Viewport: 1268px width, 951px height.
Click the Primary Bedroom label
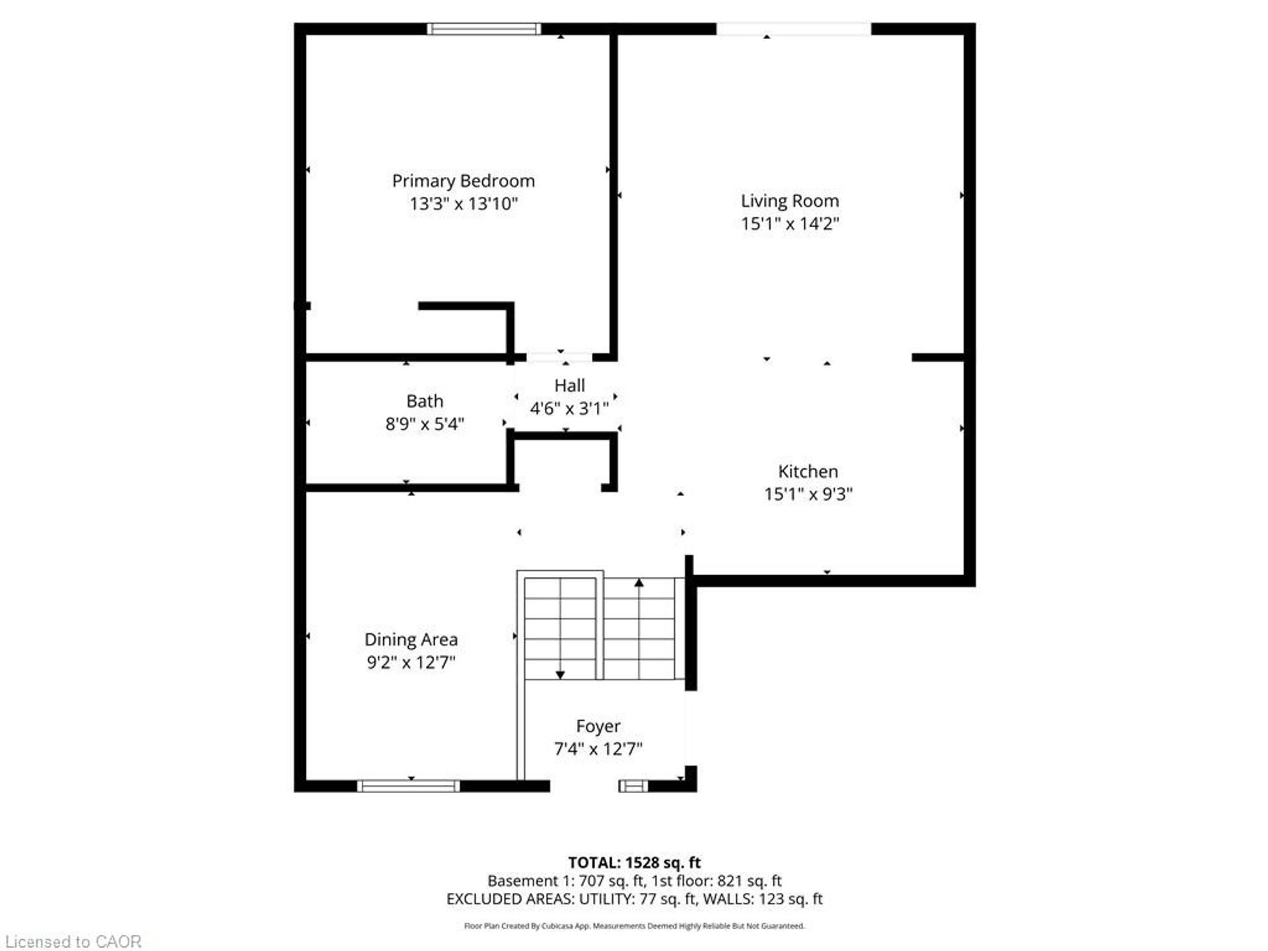[x=463, y=181]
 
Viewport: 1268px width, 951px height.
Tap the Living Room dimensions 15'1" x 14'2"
[x=790, y=223]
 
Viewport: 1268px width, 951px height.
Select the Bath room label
[x=425, y=401]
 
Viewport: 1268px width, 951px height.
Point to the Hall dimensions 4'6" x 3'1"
[x=569, y=409]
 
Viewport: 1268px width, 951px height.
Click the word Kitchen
[x=808, y=472]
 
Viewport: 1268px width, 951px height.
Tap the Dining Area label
[x=411, y=639]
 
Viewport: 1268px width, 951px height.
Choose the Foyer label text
[x=598, y=726]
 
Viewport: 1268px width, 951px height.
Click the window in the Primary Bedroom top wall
[x=484, y=28]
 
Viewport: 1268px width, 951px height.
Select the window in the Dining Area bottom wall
[x=408, y=786]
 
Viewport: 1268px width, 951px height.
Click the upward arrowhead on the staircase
[x=639, y=582]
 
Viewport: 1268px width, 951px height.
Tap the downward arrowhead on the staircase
[x=560, y=675]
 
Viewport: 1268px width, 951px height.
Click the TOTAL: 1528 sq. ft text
[x=635, y=863]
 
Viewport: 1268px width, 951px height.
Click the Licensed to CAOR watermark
[x=73, y=941]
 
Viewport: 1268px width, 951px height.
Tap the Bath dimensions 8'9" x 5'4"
[x=425, y=424]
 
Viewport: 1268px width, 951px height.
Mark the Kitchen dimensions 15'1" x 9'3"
[x=808, y=494]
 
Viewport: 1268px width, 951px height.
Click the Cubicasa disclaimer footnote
[x=635, y=926]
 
